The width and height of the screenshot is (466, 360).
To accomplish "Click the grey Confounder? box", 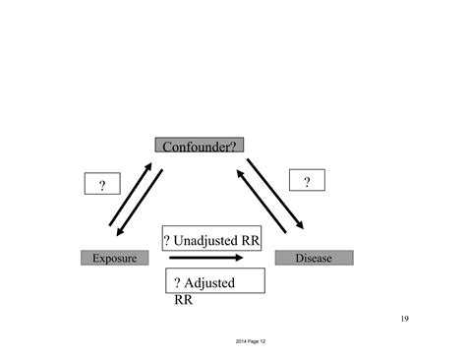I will [199, 146].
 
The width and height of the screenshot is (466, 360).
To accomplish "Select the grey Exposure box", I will [114, 258].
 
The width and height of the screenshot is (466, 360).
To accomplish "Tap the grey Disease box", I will [313, 258].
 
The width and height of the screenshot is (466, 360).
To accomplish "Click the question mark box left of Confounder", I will [101, 184].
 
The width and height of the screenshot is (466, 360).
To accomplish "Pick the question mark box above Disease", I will [307, 182].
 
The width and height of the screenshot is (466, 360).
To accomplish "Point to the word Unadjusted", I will [207, 239].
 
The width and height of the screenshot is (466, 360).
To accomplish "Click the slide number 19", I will [406, 319].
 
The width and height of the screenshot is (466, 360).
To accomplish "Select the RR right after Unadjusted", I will [248, 239].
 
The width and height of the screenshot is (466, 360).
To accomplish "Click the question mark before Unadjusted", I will [169, 239].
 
